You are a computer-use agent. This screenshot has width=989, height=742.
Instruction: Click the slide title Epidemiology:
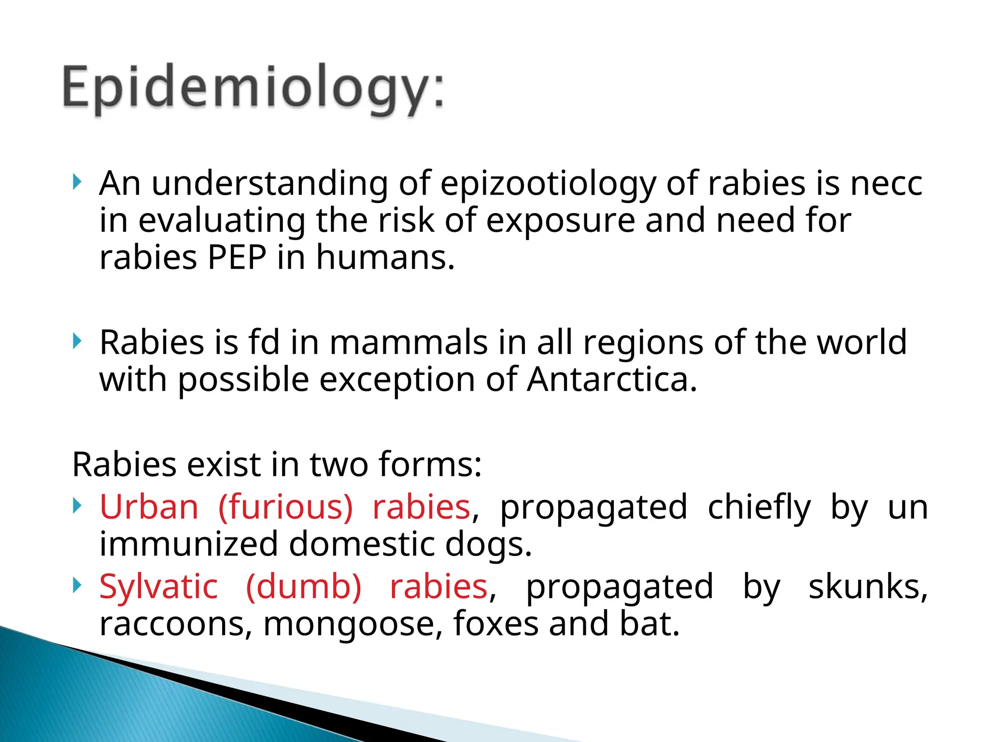pos(253,89)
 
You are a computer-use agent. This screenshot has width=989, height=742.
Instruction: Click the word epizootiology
pos(548,185)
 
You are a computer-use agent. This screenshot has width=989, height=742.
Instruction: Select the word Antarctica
pos(612,379)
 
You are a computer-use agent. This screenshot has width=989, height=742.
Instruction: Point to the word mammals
pos(409,342)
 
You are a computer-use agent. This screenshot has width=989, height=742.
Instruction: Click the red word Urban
pos(149,507)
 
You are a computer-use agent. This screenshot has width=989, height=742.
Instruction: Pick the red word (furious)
pos(285,507)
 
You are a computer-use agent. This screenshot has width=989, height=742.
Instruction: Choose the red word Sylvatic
pos(158,587)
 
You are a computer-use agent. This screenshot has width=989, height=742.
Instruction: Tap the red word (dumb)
pos(303,587)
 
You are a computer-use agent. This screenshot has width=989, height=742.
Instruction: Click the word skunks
pos(867,587)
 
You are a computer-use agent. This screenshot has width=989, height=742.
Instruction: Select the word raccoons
pos(175,624)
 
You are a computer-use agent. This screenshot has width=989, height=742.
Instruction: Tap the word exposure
pos(560,221)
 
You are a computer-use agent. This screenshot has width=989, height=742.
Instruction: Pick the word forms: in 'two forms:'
pos(430,465)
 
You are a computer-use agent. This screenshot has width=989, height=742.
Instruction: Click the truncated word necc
pos(886,185)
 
